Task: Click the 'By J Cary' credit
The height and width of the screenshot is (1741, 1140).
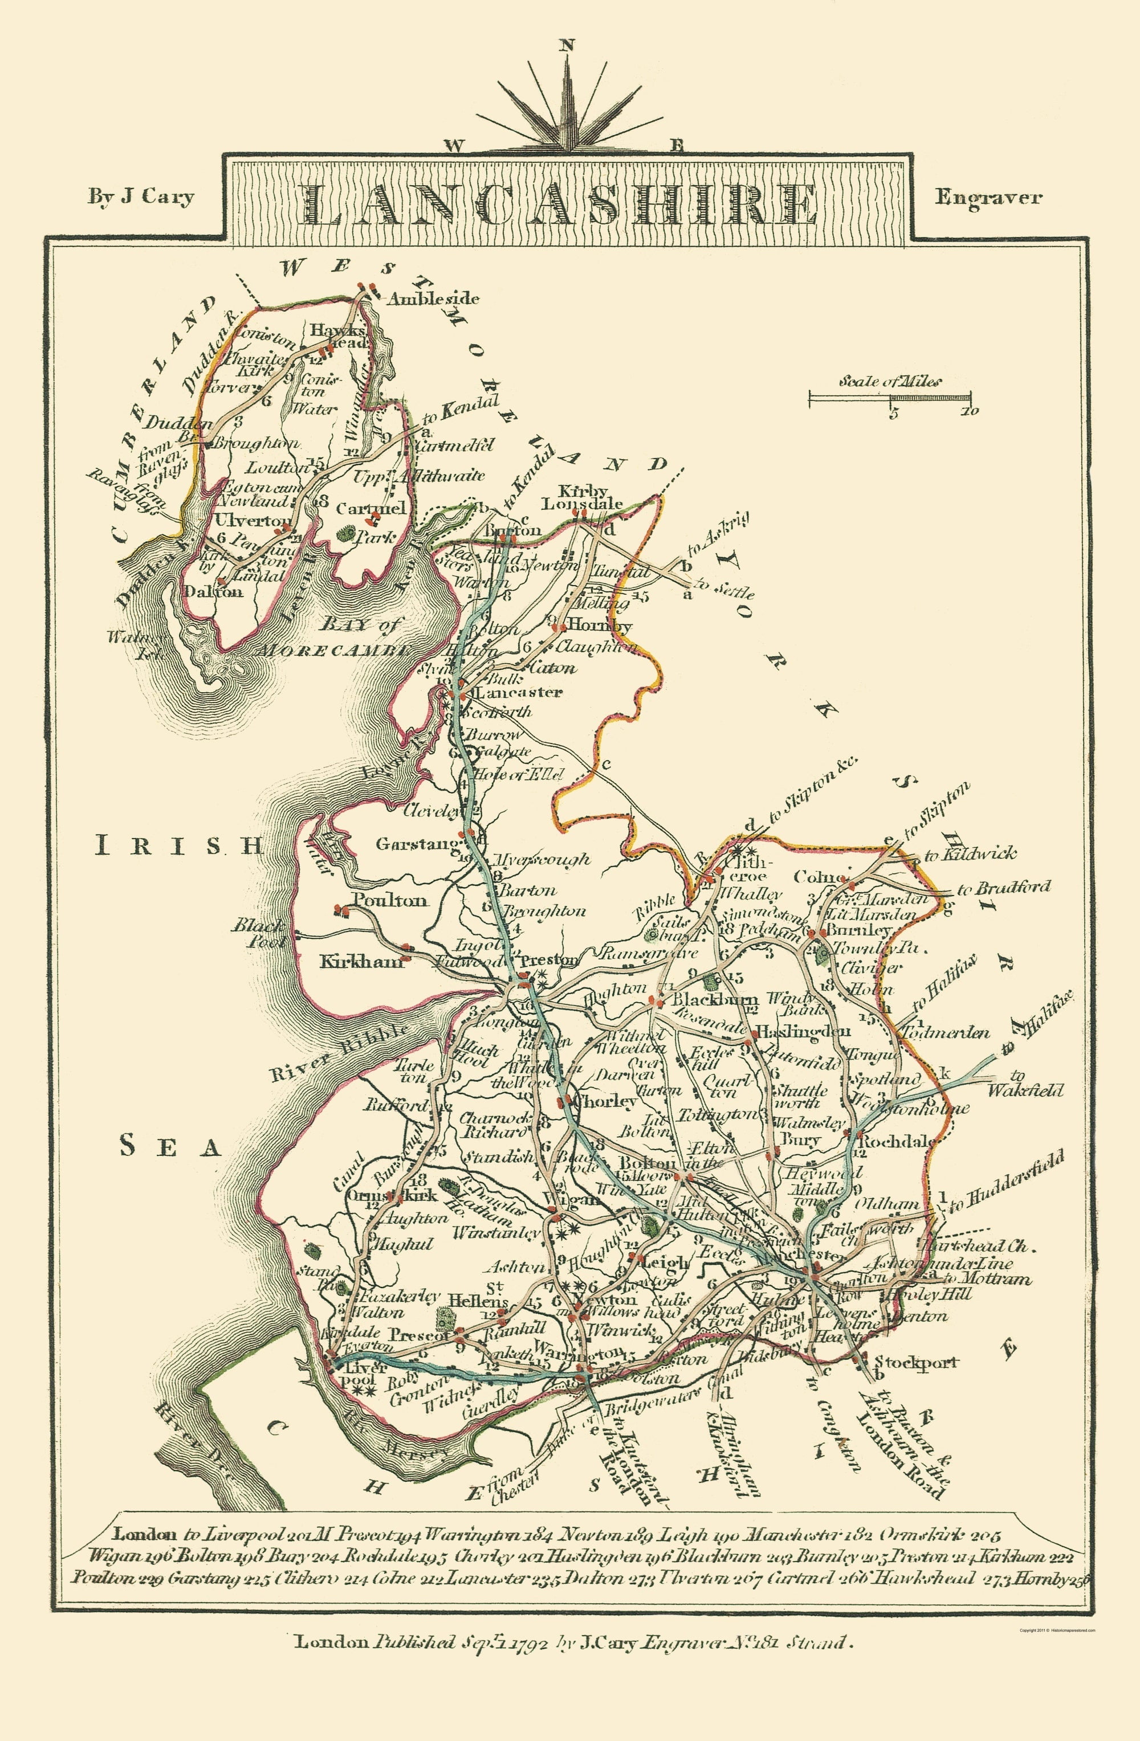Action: point(141,197)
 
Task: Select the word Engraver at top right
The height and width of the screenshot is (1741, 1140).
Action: point(988,197)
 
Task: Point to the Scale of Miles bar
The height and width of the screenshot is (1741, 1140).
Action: point(891,399)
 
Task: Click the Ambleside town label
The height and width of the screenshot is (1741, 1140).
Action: point(433,299)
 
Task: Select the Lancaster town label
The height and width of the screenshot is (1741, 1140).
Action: point(519,692)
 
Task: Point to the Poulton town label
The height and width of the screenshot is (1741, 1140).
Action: point(390,901)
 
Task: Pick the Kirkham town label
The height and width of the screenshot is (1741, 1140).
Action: point(361,962)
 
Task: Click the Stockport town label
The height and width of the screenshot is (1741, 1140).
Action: point(916,1362)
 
